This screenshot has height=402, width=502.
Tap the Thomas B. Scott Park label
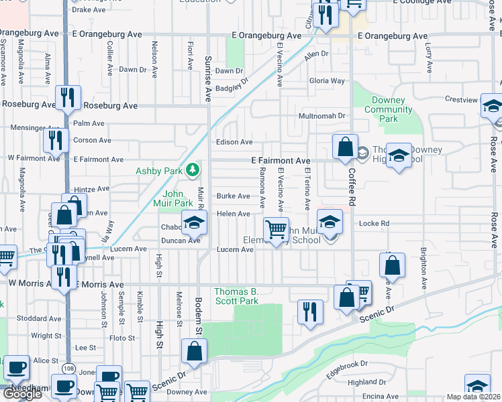[236, 296]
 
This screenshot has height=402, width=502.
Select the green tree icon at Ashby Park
[193, 170]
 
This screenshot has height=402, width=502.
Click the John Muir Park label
[174, 198]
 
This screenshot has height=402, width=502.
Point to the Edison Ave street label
[234, 142]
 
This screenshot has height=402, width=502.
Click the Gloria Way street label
[327, 81]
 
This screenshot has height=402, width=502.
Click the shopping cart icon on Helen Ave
[276, 229]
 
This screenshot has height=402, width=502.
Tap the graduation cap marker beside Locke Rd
[330, 222]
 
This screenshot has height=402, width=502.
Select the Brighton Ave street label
[423, 267]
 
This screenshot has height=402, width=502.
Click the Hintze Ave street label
[91, 189]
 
